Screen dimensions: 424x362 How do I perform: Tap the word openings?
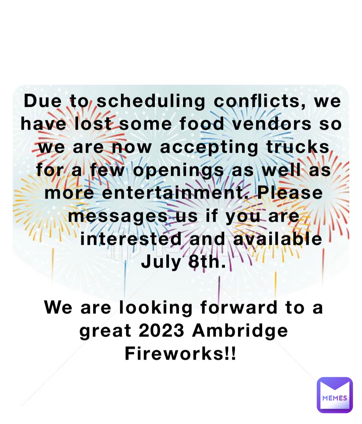tap(178, 170)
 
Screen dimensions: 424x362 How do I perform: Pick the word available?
tap(277, 239)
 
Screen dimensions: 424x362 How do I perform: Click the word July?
tap(161, 262)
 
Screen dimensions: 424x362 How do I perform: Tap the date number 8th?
tap(207, 262)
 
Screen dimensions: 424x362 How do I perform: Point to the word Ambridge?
tap(241, 331)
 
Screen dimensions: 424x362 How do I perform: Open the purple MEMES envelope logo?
tap(335, 395)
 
